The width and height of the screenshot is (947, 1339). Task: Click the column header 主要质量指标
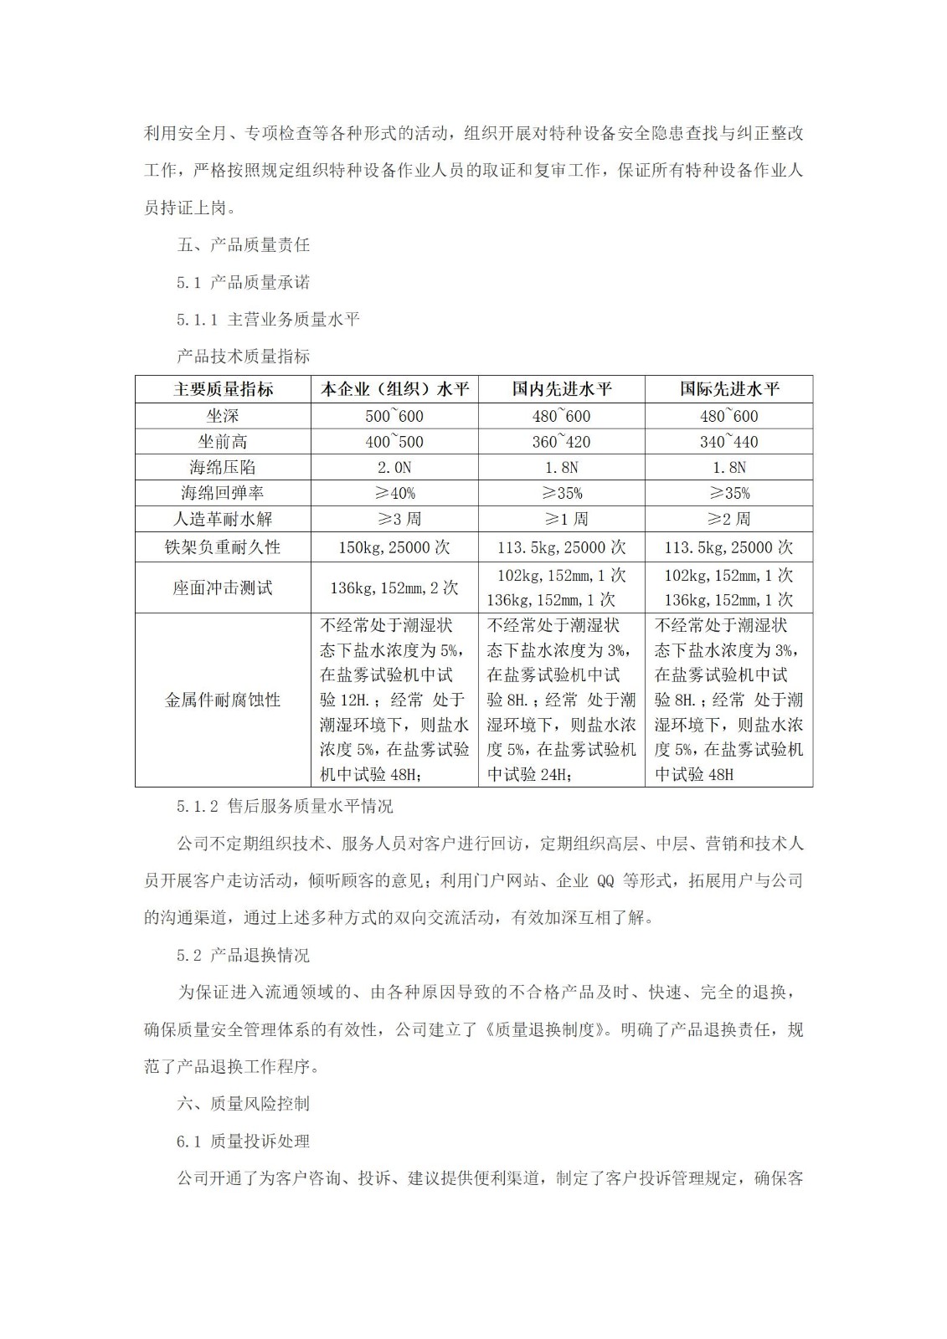click(x=223, y=389)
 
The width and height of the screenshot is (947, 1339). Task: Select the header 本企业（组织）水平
click(x=394, y=389)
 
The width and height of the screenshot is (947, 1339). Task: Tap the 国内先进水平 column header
click(x=562, y=389)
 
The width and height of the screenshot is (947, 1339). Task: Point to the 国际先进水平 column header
click(x=729, y=389)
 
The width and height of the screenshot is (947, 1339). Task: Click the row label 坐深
click(x=223, y=416)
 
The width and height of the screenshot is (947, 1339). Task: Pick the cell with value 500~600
click(x=394, y=416)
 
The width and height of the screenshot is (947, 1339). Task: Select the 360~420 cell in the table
click(x=562, y=442)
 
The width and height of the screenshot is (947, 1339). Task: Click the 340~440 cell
click(x=729, y=442)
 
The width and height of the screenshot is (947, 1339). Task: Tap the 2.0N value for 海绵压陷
click(x=394, y=467)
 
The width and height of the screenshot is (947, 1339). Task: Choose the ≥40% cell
click(x=394, y=493)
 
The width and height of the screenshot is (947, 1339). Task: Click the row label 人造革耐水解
click(x=223, y=519)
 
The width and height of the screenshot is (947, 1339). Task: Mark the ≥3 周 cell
click(x=394, y=519)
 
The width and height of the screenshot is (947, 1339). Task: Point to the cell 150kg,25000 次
click(x=394, y=547)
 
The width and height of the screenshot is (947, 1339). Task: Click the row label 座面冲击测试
click(x=223, y=587)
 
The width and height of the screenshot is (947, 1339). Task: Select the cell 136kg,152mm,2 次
click(x=394, y=587)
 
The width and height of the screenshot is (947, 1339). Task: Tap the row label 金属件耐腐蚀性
click(x=223, y=700)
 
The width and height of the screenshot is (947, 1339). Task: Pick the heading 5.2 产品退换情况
click(x=243, y=955)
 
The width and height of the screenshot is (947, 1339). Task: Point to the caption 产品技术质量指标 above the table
click(x=244, y=356)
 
